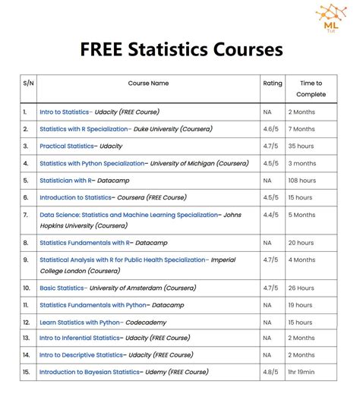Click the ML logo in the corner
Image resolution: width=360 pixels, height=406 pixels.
point(333,17)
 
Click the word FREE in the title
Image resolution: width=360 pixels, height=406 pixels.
point(106,50)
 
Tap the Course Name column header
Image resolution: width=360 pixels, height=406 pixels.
point(148,83)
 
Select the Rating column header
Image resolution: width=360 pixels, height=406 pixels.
point(272,83)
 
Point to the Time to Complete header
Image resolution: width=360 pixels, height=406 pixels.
point(311,89)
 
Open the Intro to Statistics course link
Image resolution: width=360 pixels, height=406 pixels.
point(65,112)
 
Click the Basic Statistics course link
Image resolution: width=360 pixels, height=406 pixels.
point(62,288)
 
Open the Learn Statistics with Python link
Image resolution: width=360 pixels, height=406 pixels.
point(81,322)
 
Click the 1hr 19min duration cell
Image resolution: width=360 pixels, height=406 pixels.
point(307,372)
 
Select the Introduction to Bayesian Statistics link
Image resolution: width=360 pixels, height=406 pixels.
point(90,372)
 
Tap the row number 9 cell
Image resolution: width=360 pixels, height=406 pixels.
point(26,260)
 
